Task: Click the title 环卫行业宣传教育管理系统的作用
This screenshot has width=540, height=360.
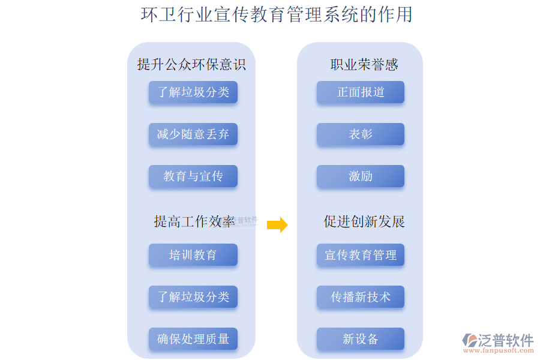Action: click(x=277, y=14)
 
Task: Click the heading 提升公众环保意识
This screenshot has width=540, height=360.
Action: click(x=191, y=64)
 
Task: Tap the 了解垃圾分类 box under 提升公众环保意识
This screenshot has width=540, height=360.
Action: click(x=193, y=92)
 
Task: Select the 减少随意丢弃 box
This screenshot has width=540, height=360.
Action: click(x=193, y=134)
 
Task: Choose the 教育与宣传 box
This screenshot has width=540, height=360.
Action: click(x=193, y=176)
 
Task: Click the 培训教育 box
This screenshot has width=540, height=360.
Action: click(x=193, y=255)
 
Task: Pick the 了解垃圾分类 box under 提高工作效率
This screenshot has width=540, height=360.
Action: click(x=193, y=297)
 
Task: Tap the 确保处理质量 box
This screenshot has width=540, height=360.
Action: click(x=193, y=339)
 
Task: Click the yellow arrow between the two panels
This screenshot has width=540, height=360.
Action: click(x=277, y=225)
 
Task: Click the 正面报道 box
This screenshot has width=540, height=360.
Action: click(x=361, y=92)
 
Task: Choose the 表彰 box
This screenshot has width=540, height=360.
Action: click(x=361, y=134)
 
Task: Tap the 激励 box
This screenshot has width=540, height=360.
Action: click(x=361, y=176)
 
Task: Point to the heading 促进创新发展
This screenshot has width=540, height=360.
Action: click(x=364, y=221)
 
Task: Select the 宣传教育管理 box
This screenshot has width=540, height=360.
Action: click(x=361, y=255)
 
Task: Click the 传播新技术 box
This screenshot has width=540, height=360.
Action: click(x=361, y=297)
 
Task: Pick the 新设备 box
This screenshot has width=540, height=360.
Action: click(x=361, y=339)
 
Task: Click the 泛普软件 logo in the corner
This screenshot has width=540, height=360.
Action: click(x=498, y=340)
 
